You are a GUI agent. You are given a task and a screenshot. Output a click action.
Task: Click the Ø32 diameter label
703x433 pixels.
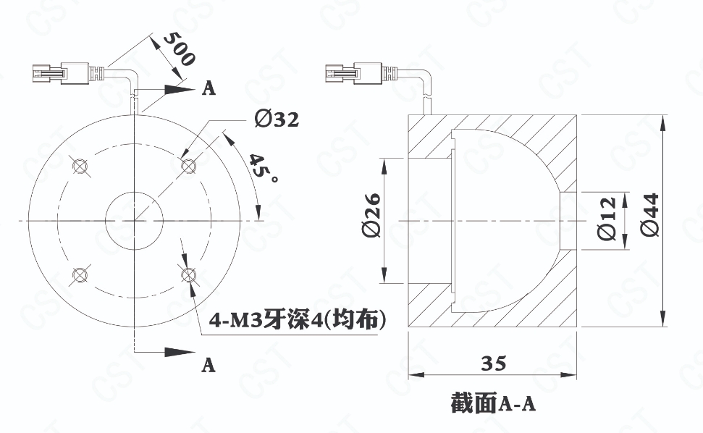[x=277, y=119]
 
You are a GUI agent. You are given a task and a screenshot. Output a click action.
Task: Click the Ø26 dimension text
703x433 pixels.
[x=371, y=215]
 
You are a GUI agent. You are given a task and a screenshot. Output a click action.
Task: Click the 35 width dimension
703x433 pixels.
[x=493, y=363]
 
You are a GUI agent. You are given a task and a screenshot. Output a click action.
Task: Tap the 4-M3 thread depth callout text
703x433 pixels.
[x=298, y=319]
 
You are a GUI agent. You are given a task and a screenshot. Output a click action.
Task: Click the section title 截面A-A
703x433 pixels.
[x=493, y=402]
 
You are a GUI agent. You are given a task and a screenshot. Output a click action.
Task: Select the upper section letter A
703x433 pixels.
[x=209, y=88]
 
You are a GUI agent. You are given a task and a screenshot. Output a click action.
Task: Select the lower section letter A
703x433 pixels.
[x=209, y=365]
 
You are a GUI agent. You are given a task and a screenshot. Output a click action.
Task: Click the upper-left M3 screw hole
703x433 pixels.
[x=80, y=165]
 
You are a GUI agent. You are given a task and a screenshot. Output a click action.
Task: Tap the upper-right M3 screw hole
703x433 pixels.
[x=188, y=165]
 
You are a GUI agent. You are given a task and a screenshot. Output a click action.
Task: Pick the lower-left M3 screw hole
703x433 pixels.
[x=80, y=274]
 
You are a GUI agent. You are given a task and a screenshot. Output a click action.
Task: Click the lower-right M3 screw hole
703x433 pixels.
[x=188, y=274]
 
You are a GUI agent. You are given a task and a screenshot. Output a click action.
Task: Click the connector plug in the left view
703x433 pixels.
[x=60, y=74]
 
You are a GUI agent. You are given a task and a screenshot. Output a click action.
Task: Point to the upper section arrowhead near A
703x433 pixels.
[x=180, y=89]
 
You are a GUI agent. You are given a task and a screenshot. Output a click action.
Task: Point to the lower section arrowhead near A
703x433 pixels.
[x=180, y=352]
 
